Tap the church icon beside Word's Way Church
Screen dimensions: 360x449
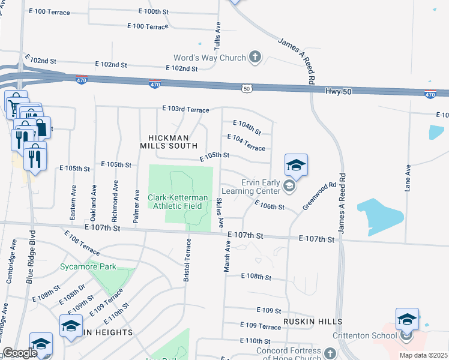(x=255, y=58)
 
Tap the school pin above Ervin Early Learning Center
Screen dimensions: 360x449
(x=296, y=164)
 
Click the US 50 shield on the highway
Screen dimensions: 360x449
(x=247, y=88)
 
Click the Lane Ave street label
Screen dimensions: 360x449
(x=408, y=178)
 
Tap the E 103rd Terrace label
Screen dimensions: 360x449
(x=185, y=110)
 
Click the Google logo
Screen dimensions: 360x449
(x=20, y=353)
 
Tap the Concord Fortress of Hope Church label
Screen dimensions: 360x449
(x=289, y=355)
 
